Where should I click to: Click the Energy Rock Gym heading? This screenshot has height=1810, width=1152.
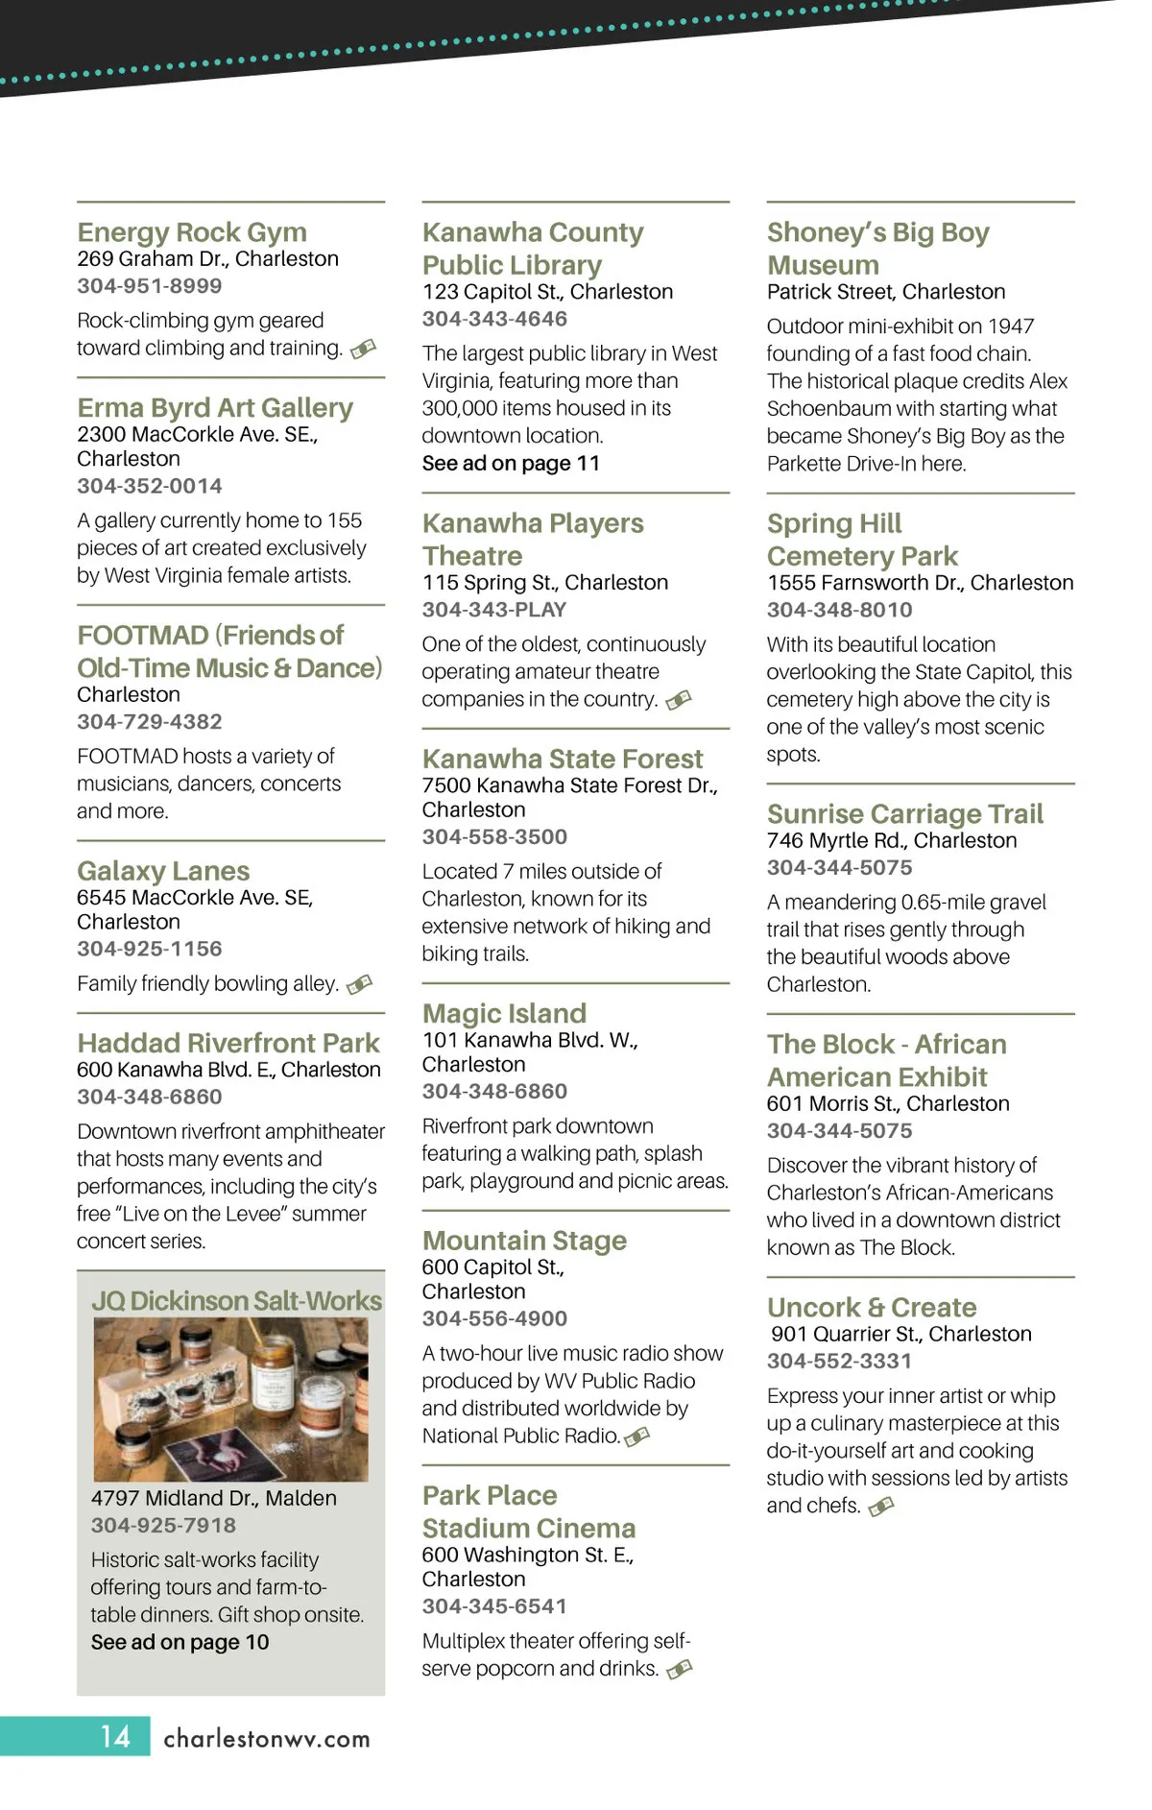(192, 232)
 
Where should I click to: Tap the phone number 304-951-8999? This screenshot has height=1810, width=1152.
(150, 286)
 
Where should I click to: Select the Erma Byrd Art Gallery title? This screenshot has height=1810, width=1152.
(215, 408)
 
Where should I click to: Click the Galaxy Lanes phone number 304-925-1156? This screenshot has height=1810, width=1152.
(150, 949)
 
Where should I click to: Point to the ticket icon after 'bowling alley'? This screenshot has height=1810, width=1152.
(359, 984)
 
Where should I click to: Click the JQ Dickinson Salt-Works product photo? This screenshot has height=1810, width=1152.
(230, 1398)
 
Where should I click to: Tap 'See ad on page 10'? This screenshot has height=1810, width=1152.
(180, 1642)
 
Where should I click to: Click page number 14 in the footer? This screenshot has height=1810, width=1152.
(115, 1736)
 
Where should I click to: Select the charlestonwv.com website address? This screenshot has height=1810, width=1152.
(267, 1738)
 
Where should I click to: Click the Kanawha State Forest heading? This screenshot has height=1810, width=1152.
(563, 759)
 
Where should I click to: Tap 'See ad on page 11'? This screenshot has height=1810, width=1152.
(511, 463)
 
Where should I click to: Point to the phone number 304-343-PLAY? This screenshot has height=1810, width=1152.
(494, 610)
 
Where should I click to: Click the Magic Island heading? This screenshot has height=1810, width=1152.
(504, 1013)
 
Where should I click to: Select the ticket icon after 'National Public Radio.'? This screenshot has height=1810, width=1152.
(636, 1436)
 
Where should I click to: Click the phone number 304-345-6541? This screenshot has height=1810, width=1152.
(494, 1606)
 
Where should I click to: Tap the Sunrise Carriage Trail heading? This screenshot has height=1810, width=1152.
(904, 814)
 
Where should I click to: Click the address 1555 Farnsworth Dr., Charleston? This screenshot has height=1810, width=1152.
(920, 583)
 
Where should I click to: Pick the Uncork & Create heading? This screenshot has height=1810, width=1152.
(872, 1307)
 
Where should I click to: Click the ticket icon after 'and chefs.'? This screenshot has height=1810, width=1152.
(881, 1507)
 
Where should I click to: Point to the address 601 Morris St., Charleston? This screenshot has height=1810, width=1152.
(888, 1104)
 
